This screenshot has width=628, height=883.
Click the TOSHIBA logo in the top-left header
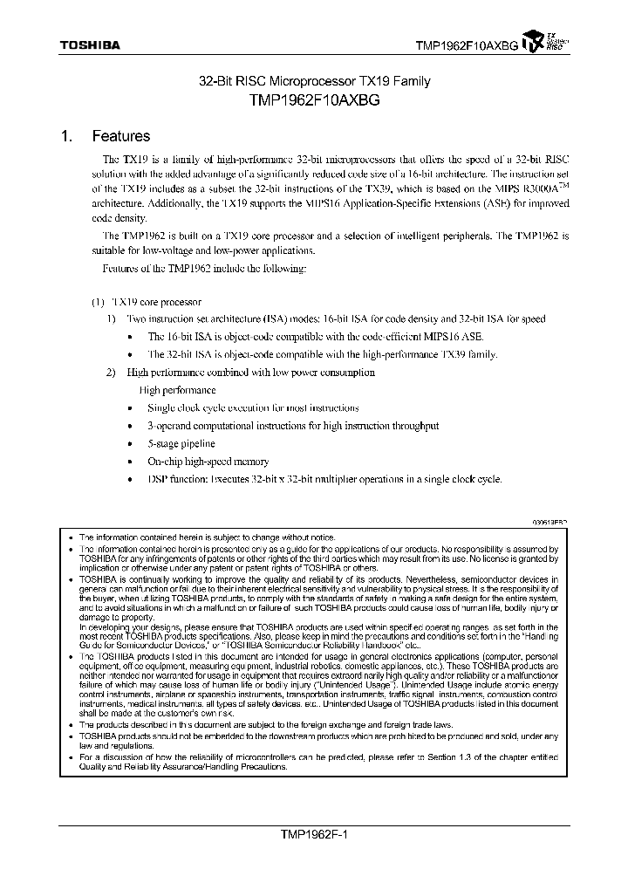pos(90,44)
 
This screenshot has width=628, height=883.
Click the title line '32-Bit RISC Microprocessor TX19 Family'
pos(315,82)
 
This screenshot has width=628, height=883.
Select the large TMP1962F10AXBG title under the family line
pos(315,100)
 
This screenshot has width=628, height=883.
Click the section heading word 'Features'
pos(120,136)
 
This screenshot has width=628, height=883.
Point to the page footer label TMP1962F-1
pos(313,834)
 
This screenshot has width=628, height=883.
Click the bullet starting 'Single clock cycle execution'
pos(241,407)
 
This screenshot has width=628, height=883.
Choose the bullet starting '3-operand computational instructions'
pos(293,426)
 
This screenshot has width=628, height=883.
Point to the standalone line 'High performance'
pos(177,390)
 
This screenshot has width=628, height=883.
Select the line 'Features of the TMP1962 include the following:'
pos(205,268)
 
